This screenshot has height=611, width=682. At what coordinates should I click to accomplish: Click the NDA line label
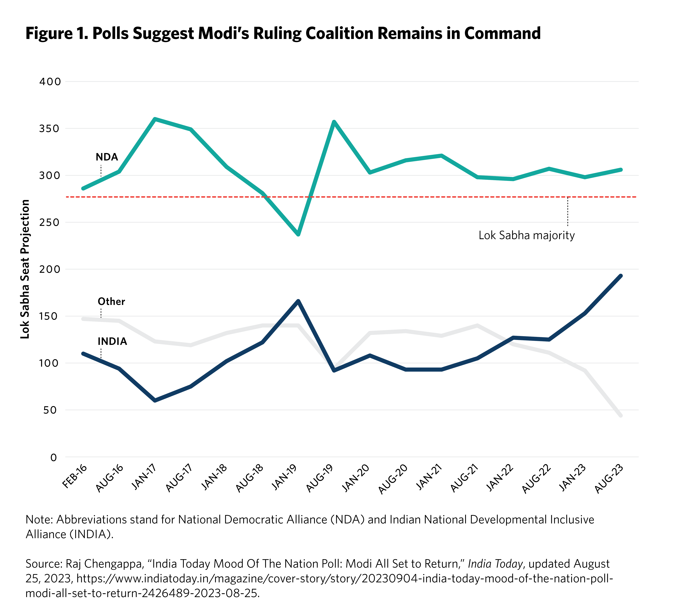(x=107, y=157)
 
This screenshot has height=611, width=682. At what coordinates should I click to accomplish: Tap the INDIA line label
(x=112, y=341)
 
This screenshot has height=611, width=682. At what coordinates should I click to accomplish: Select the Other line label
(x=111, y=301)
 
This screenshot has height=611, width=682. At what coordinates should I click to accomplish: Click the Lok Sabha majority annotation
(x=526, y=235)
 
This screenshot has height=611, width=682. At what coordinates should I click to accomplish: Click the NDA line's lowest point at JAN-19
(x=298, y=234)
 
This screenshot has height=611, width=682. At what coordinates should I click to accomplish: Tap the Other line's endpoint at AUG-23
(x=621, y=416)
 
